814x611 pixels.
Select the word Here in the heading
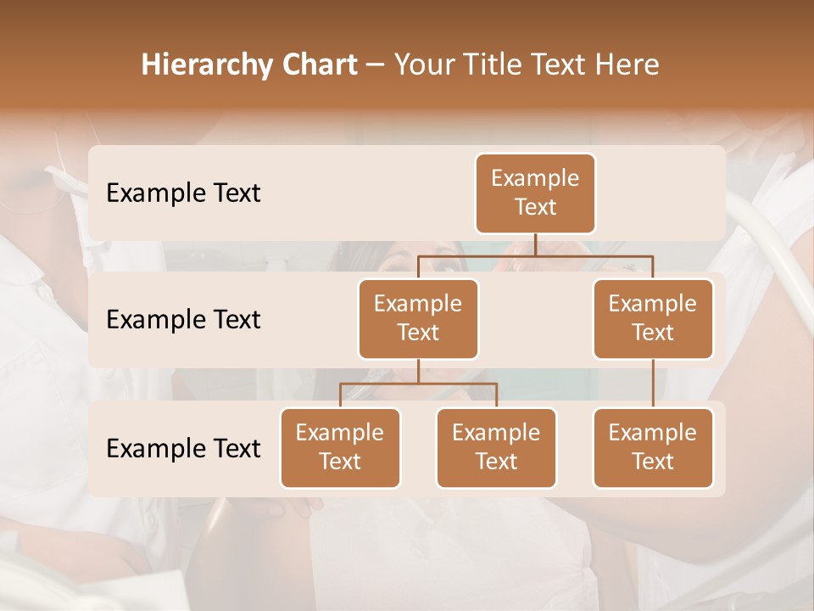pos(627,64)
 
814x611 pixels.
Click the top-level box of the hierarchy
pos(535,193)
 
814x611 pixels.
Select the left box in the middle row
pos(418,319)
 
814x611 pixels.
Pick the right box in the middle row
pos(653,319)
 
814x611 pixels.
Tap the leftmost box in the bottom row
pos(340,448)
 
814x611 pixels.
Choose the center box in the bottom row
pos(496,448)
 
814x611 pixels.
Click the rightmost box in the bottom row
pos(653,448)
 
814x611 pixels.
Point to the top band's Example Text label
pos(183,193)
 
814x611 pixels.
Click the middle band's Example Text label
pos(183,320)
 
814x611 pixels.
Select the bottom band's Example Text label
pos(183,449)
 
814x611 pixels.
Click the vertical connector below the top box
pos(535,245)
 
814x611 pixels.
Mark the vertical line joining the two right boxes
pos(653,384)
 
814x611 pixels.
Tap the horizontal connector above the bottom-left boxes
pos(418,384)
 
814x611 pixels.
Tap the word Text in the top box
pos(535,207)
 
